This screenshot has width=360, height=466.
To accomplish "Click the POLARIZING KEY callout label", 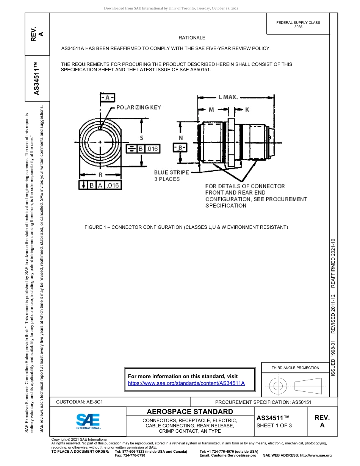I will tap(138, 107).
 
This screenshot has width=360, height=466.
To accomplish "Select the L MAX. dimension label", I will tap(228, 97).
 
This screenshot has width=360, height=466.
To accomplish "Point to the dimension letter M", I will tap(211, 109).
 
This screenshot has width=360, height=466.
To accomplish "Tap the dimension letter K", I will tap(247, 109).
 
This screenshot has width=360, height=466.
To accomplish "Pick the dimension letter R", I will tap(100, 175).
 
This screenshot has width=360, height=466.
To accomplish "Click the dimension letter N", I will tap(180, 138).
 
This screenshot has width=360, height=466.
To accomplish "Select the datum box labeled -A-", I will tap(107, 98).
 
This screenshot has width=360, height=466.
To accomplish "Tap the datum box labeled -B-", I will tap(180, 147).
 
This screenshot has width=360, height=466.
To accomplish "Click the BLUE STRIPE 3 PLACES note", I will tap(171, 176).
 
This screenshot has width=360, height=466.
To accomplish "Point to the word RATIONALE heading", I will tap(192, 38).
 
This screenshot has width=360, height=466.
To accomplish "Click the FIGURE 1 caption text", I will tap(186, 227).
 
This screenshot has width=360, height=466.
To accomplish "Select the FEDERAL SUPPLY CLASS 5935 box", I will tap(298, 25).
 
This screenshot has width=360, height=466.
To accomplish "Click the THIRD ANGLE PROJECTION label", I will tap(295, 367).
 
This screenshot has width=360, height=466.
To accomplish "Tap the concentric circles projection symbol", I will tap(278, 386).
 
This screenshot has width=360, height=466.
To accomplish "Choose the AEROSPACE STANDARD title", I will tap(190, 411).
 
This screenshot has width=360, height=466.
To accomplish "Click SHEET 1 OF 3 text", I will tap(274, 425).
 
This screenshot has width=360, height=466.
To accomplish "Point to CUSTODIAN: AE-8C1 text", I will tap(80, 402).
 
